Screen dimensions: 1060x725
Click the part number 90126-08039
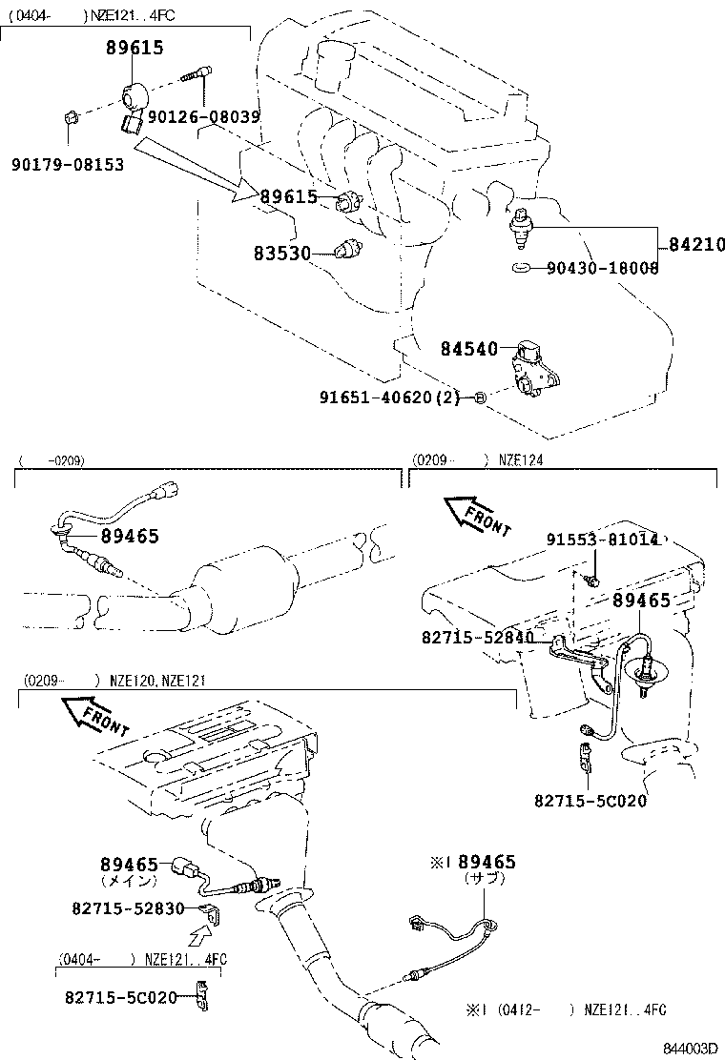click(x=205, y=116)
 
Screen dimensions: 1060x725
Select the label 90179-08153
click(x=68, y=165)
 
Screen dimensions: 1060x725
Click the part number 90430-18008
click(x=602, y=269)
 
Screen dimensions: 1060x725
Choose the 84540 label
click(x=469, y=349)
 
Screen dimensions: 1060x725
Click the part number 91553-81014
click(x=602, y=540)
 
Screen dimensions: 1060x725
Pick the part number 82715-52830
click(x=128, y=908)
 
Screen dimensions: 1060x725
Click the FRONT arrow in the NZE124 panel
click(x=478, y=514)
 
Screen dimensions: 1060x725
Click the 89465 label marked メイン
click(x=129, y=865)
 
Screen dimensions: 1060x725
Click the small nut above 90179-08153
click(x=69, y=117)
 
